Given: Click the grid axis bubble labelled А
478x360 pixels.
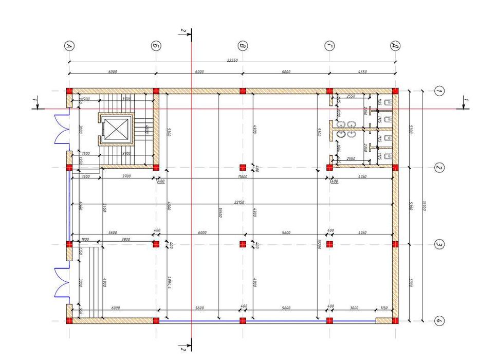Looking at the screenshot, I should tap(69, 46).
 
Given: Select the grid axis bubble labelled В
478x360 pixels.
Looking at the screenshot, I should tap(243, 46).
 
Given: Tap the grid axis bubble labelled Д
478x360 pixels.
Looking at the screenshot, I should tap(395, 46).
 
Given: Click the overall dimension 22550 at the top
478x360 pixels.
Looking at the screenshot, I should tap(232, 60).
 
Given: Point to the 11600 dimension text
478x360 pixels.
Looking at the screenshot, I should tap(243, 176).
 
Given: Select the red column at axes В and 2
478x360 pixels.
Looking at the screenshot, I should tap(243, 167).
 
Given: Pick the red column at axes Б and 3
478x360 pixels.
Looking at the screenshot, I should tap(156, 244).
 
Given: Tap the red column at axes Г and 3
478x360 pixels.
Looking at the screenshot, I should tap(329, 244).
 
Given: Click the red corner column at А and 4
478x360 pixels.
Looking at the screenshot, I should tap(69, 321).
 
